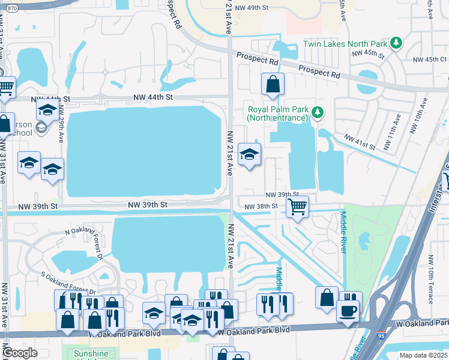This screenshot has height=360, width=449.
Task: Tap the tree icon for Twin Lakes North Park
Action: coord(396,43)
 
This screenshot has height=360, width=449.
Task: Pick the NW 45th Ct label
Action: coord(430,59)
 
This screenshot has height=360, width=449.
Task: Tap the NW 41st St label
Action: coord(359,142)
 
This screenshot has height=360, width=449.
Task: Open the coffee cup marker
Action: coord(348,311)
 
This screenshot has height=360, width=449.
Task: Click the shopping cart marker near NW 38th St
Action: coord(297,207)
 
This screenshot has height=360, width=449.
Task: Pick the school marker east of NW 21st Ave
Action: coord(249,155)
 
